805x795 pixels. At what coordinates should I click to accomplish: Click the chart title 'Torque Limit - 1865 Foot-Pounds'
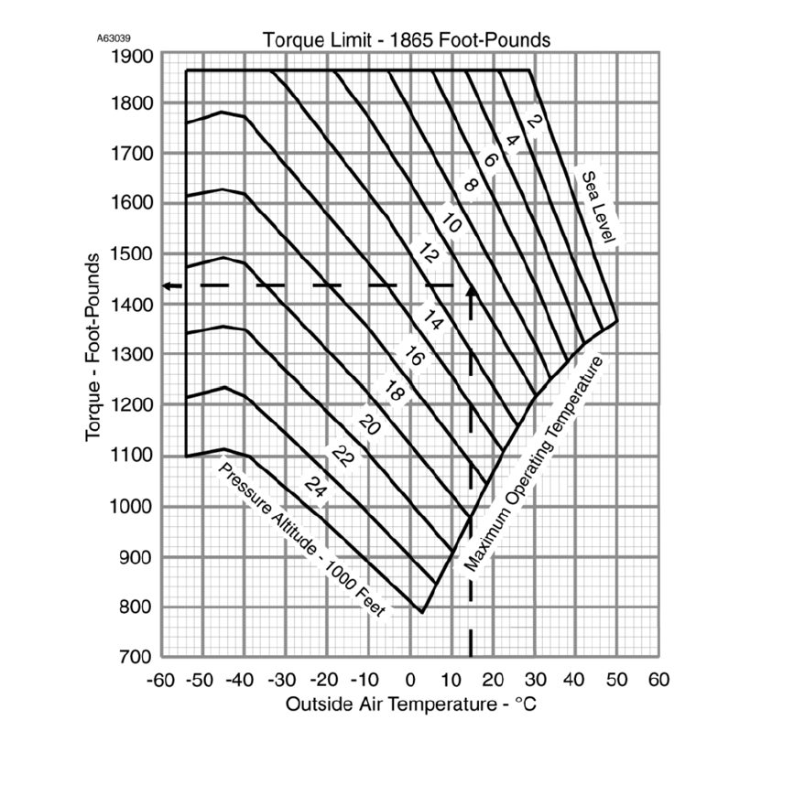[406, 39]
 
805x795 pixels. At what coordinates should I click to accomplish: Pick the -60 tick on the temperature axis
[162, 681]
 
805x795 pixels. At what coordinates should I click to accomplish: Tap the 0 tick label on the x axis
[409, 681]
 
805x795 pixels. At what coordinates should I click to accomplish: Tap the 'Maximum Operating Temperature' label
[536, 466]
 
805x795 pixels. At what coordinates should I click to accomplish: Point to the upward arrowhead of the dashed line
[471, 290]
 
